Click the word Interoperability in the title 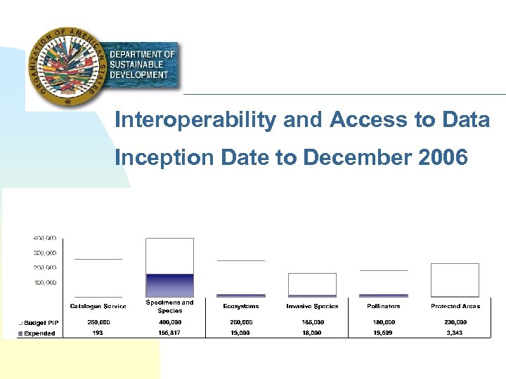coord(195,121)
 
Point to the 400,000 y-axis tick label coord(45,238)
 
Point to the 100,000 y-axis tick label coord(45,283)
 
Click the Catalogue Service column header coord(98,306)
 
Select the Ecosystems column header coord(240,306)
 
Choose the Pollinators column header coord(384,306)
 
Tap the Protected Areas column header coord(455,306)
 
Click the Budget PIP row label coord(41,323)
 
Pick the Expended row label coord(39,333)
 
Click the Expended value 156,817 coord(169,333)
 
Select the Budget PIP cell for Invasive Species coord(312,323)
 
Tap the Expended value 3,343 coord(455,333)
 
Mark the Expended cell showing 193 coord(98,333)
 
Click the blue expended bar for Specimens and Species coord(169,285)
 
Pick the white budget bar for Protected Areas coord(455,279)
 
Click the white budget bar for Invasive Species coord(312,284)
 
